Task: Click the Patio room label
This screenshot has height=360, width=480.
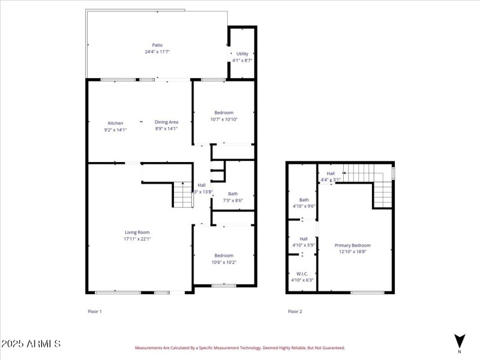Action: tap(157, 45)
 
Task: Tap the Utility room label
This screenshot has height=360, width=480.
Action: tap(242, 54)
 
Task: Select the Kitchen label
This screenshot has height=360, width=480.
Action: tap(115, 123)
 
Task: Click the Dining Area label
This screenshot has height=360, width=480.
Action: tap(166, 122)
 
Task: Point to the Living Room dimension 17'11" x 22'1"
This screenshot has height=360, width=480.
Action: tap(137, 239)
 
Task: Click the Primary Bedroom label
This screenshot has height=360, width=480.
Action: tap(352, 245)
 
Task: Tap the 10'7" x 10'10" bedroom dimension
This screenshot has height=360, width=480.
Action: tap(224, 119)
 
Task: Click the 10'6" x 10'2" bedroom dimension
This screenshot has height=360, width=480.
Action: tap(224, 262)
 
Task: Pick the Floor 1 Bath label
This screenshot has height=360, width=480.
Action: tap(233, 194)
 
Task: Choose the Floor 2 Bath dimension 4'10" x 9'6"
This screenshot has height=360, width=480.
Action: tap(304, 206)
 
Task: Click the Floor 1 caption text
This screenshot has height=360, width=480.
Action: tap(95, 311)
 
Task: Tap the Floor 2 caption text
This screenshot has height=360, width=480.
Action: tap(295, 311)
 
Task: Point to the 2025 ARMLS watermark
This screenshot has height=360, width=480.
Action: tap(31, 344)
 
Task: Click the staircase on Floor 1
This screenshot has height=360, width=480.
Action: tap(182, 194)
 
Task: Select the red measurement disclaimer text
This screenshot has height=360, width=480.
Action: tap(239, 347)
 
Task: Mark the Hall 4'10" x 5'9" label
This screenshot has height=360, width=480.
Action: tap(304, 242)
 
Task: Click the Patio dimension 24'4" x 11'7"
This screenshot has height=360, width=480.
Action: tap(157, 52)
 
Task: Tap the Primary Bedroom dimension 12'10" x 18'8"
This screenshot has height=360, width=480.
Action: tap(352, 252)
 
